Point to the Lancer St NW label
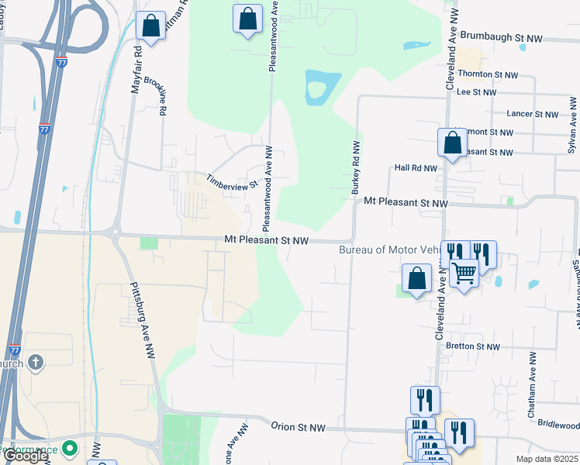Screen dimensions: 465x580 coord(532,114)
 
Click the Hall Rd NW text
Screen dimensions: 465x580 coord(416,167)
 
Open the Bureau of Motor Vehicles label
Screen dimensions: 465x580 coord(388,250)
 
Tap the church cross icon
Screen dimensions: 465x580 coord(36,362)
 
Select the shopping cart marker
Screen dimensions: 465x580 coord(464,272)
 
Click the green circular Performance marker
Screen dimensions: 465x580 coord(70,449)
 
